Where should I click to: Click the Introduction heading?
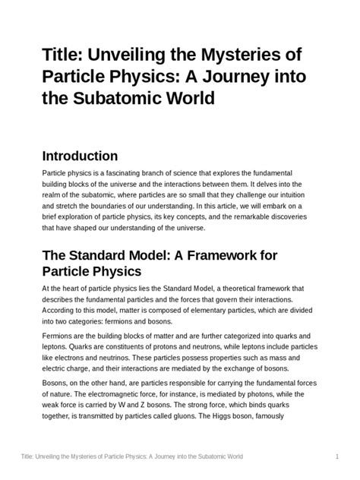coord(80,156)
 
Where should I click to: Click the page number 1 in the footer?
coord(336,456)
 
